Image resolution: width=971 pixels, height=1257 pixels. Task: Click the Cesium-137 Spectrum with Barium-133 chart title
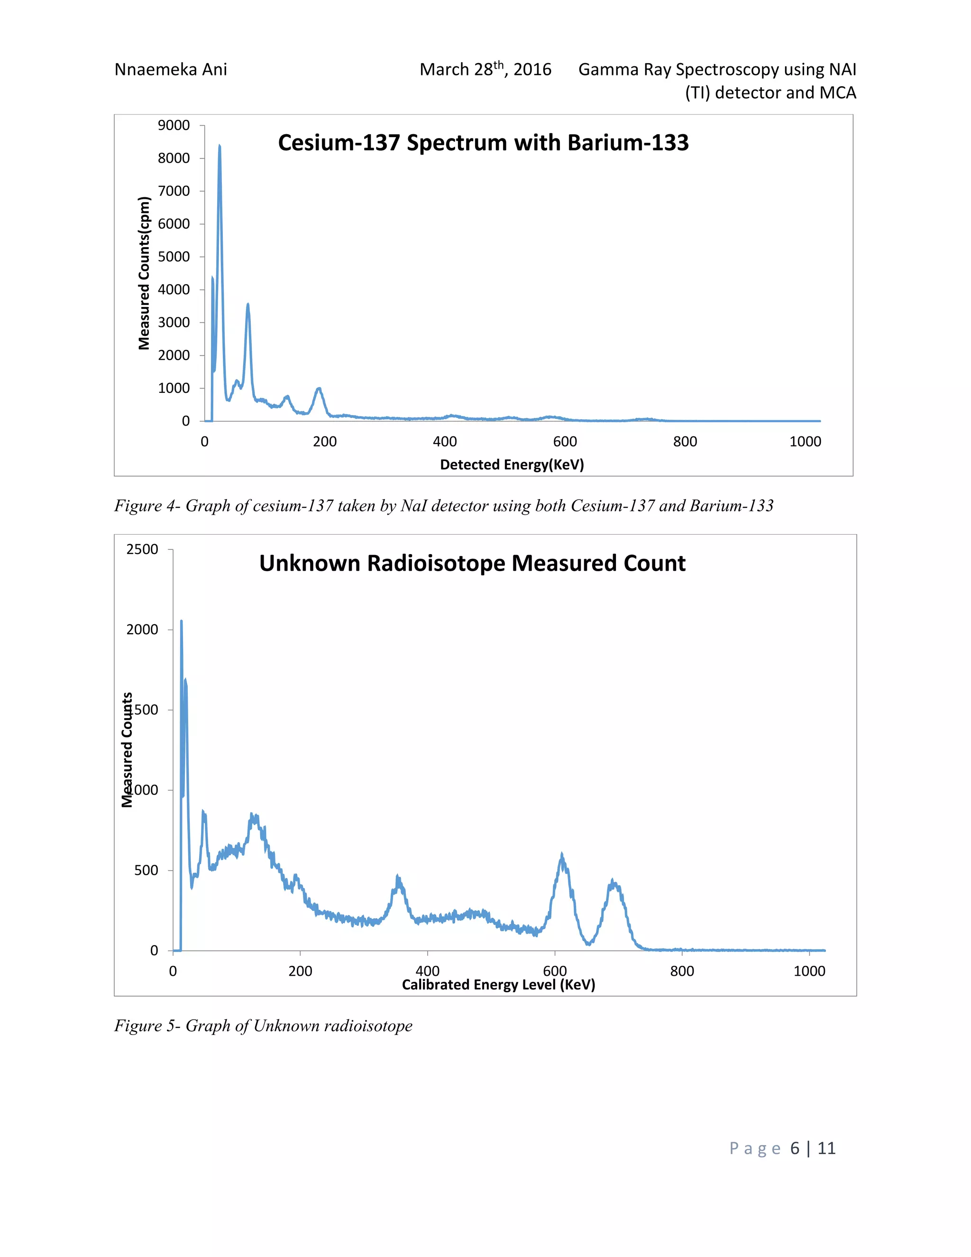point(483,143)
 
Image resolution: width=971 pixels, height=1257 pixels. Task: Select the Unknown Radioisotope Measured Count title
point(472,563)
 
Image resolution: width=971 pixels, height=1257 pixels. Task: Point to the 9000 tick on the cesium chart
point(174,126)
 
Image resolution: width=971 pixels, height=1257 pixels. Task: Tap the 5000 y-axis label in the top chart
point(174,257)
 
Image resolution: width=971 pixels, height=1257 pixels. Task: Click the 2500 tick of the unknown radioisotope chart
point(142,549)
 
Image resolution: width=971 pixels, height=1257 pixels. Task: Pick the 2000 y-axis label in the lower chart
point(142,629)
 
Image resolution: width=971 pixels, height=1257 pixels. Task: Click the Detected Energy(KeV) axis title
point(512,464)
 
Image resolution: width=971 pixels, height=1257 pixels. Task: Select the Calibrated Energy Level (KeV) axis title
point(498,985)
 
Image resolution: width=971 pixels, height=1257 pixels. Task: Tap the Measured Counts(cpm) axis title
point(144,273)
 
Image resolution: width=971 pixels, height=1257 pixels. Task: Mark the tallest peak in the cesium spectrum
point(219,146)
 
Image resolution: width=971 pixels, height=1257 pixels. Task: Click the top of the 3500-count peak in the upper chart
point(248,305)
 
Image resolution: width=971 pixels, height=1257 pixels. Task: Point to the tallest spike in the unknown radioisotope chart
point(181,621)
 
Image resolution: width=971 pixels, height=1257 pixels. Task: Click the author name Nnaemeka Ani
point(171,70)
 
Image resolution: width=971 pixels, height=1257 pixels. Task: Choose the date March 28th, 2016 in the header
point(485,70)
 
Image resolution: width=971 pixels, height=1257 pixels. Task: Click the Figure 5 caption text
point(263,1026)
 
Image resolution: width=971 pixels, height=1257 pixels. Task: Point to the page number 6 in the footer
point(795,1148)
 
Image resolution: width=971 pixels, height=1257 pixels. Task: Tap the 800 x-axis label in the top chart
point(685,442)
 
